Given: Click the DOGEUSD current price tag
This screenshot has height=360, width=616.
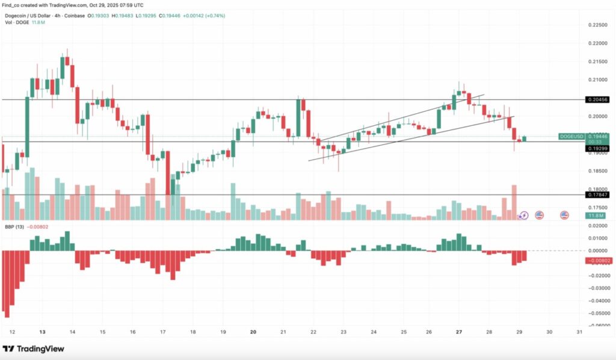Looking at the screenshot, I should [x=571, y=137].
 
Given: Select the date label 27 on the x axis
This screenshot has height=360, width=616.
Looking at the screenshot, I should [x=459, y=332].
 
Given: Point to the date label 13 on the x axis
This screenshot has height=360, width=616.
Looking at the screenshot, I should [x=42, y=332].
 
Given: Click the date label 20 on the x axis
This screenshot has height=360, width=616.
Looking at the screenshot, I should [x=253, y=332].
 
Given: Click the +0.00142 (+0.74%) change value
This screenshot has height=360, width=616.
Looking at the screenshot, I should [x=205, y=16].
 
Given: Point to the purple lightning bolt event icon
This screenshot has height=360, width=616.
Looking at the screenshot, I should [x=523, y=215].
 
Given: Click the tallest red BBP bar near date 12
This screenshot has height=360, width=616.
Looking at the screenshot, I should [x=7, y=283].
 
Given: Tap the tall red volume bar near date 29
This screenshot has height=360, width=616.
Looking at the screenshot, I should [x=514, y=202].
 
